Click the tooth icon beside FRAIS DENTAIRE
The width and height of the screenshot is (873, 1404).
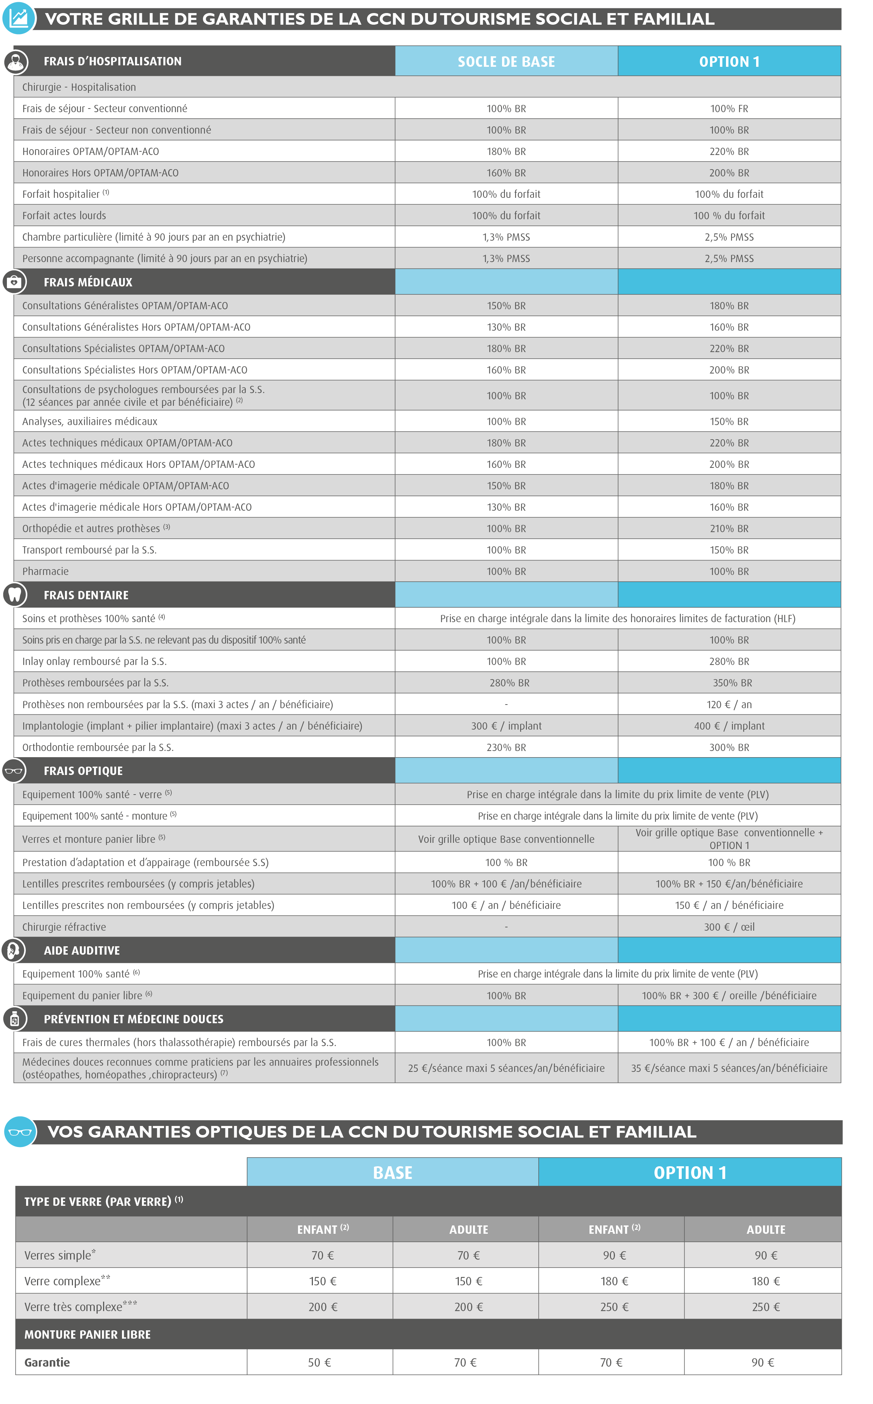tap(15, 595)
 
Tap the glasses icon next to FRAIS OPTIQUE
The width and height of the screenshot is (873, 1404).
tap(14, 771)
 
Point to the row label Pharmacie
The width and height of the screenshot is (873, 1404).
tap(46, 572)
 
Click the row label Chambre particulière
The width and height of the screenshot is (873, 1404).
tap(154, 237)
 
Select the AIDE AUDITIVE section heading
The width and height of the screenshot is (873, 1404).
tap(82, 951)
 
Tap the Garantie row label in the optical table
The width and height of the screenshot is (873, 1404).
tap(47, 1362)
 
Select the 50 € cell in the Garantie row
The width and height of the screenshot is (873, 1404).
tap(319, 1362)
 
